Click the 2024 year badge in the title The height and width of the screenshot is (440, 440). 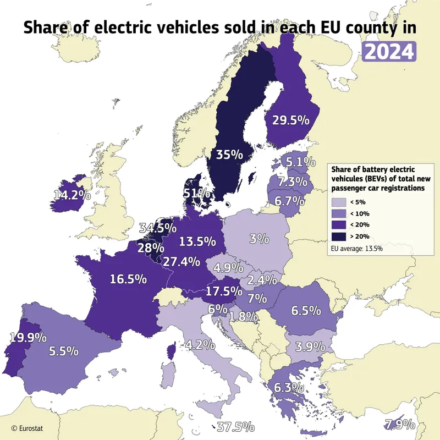[x=388, y=51]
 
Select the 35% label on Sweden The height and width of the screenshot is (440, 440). [x=229, y=155]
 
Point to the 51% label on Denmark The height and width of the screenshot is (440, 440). [x=196, y=193]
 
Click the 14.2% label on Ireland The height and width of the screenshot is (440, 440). [x=72, y=194]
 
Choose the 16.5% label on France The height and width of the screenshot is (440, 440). [x=128, y=279]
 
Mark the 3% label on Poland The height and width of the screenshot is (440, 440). [x=258, y=239]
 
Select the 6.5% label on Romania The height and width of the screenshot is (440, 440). [x=306, y=311]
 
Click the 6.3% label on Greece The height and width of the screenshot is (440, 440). [x=289, y=387]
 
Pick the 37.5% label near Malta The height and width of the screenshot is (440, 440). [x=235, y=426]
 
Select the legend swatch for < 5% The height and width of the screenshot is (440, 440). [x=339, y=202]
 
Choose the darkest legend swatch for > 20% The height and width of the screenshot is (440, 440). [x=339, y=236]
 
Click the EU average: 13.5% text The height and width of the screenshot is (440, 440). [x=356, y=249]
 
